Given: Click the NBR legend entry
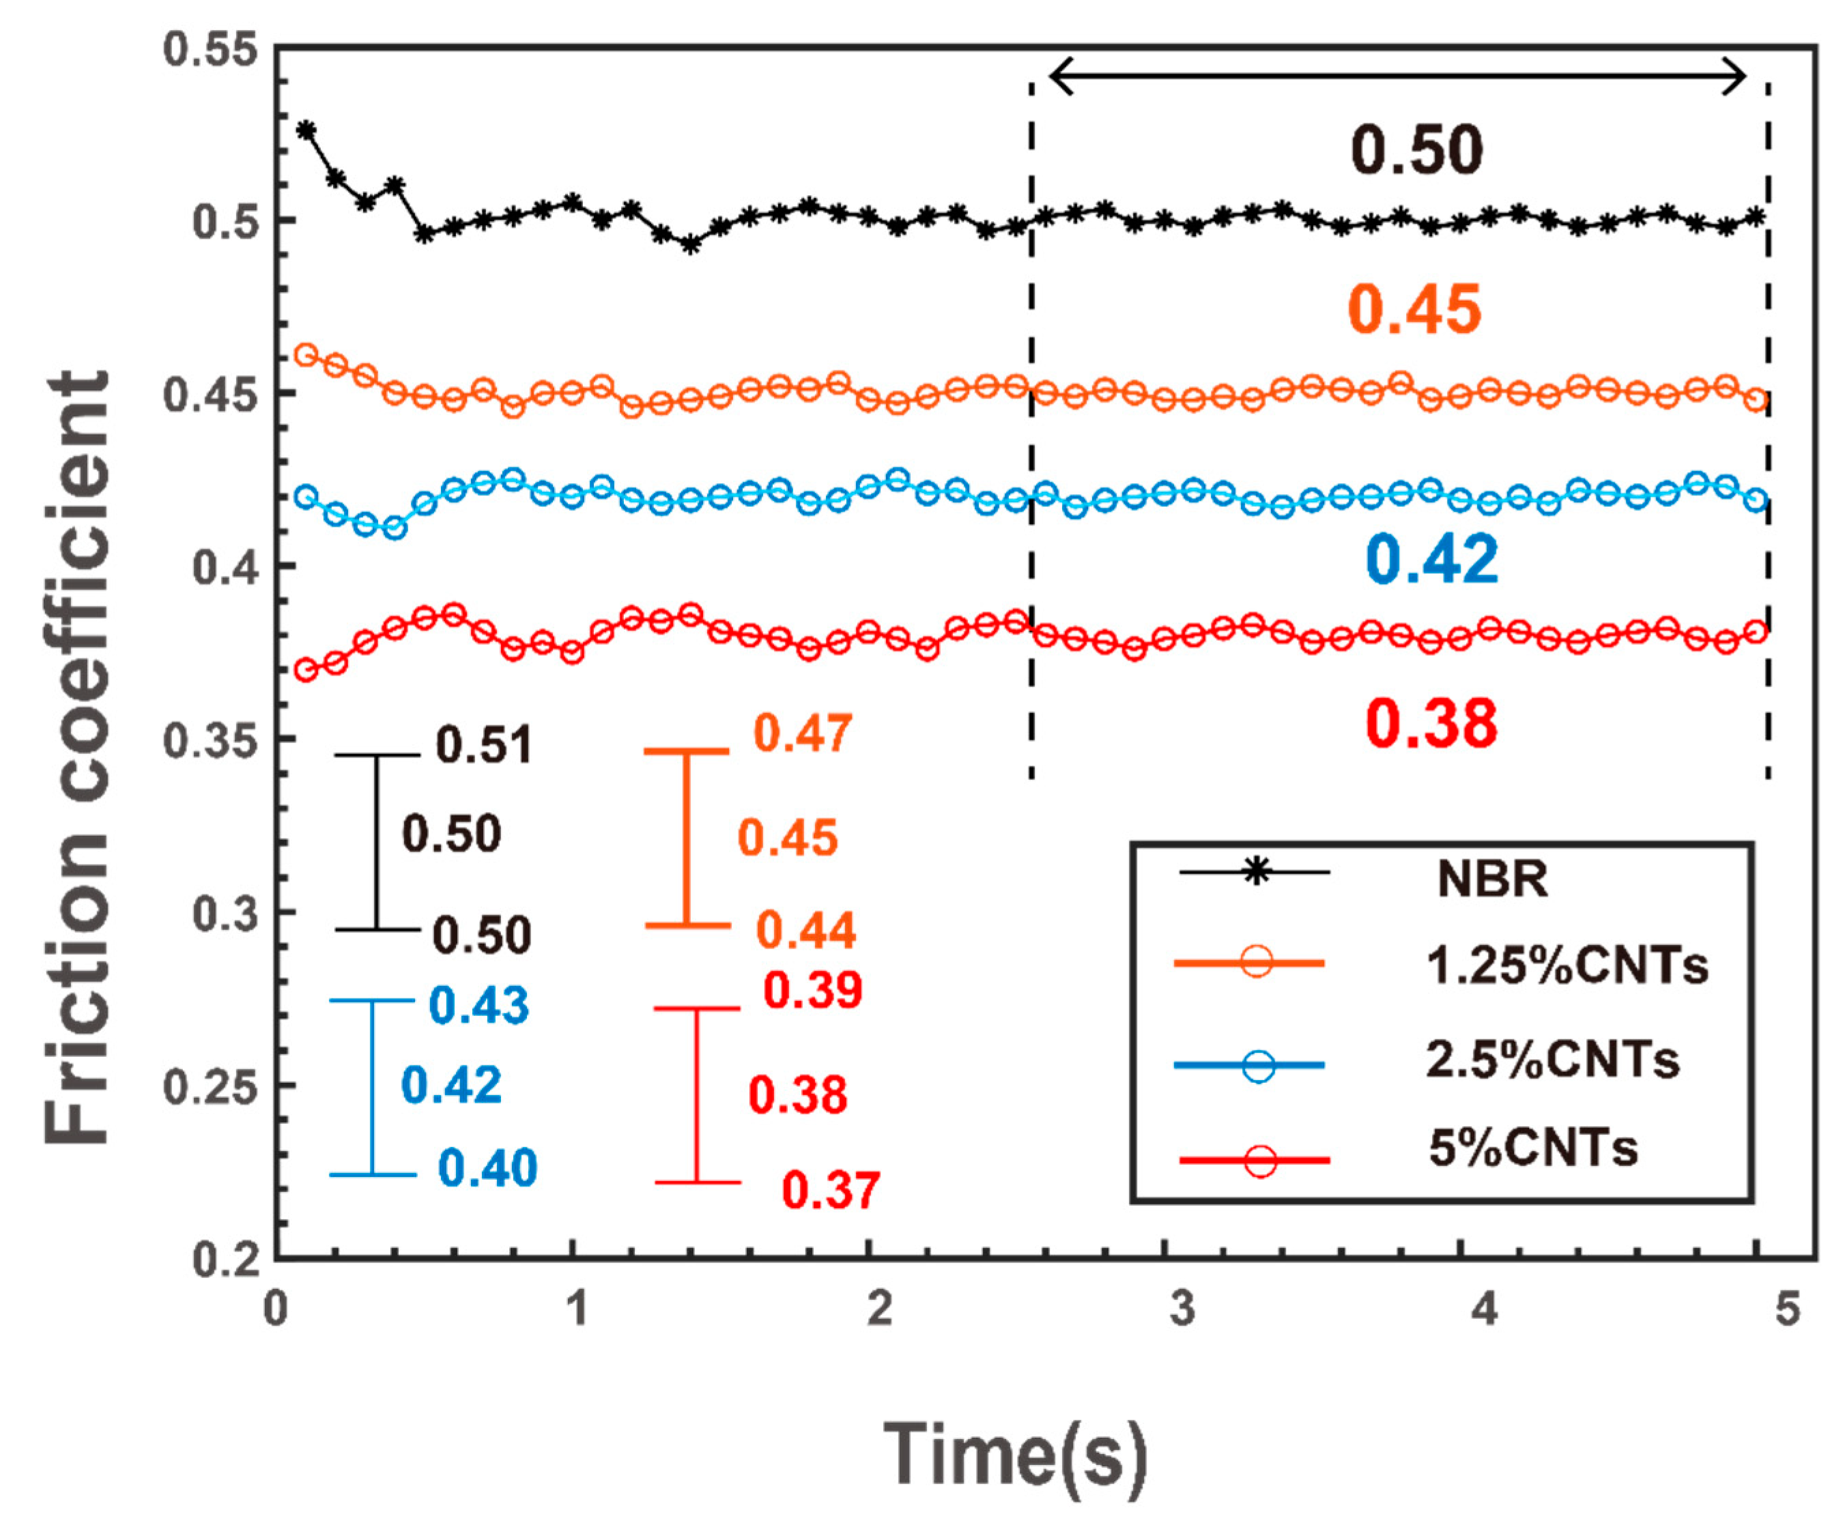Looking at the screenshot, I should pyautogui.click(x=1491, y=878).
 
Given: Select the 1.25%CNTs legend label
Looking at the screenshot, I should pyautogui.click(x=1566, y=966).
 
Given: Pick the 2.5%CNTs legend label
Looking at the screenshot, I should pyautogui.click(x=1551, y=1060).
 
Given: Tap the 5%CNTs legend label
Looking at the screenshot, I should pyautogui.click(x=1532, y=1148).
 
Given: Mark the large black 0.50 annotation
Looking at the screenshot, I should pyautogui.click(x=1416, y=150).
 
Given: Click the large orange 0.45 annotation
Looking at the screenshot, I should pyautogui.click(x=1415, y=310).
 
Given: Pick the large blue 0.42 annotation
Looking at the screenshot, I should pyautogui.click(x=1431, y=560).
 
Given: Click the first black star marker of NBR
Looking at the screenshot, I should pyautogui.click(x=306, y=130).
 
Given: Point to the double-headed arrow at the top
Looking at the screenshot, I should pyautogui.click(x=1398, y=76).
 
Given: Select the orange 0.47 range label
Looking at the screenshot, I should pyautogui.click(x=802, y=733).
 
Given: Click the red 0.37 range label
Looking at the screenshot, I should pyautogui.click(x=831, y=1190).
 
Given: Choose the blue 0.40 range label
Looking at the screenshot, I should pyautogui.click(x=487, y=1168).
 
